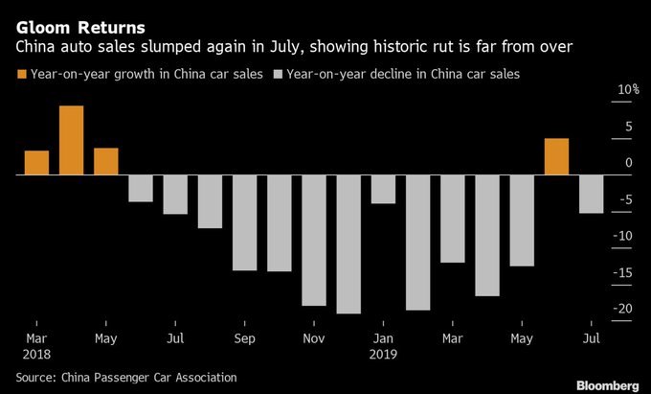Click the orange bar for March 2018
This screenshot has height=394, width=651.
[x=36, y=163]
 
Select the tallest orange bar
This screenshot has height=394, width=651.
[x=71, y=141]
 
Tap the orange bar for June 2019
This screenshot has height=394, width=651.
[x=556, y=157]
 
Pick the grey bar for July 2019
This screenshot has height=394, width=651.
[x=591, y=195]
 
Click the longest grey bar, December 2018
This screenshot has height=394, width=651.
[x=348, y=244]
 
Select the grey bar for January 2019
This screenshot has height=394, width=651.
[x=383, y=190]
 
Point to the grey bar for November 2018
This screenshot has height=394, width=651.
[x=313, y=241]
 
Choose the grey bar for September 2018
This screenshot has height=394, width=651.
[x=244, y=223]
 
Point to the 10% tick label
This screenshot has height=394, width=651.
[x=627, y=90]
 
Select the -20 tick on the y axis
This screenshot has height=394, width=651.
[x=625, y=309]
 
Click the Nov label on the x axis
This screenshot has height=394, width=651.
[x=313, y=337]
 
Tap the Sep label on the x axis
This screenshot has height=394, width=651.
[x=244, y=337]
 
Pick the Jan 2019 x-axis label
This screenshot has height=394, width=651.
[x=383, y=345]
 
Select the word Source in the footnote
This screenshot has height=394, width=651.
[x=35, y=378]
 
